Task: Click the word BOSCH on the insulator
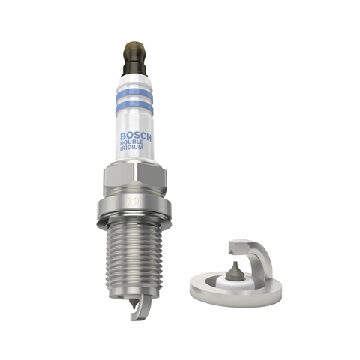(x=136, y=137)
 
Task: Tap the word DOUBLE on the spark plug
(x=132, y=142)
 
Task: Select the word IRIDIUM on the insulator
(x=132, y=148)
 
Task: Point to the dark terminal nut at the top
(x=134, y=58)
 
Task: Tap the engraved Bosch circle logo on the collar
(x=132, y=202)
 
